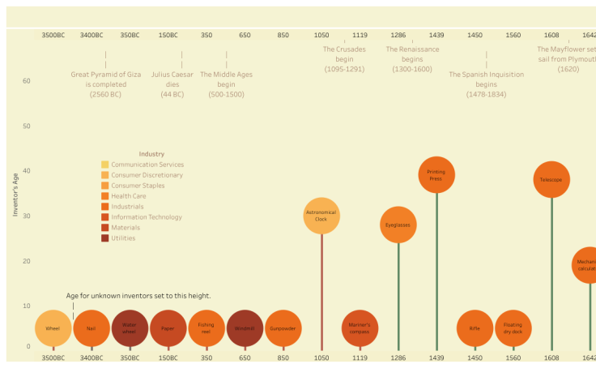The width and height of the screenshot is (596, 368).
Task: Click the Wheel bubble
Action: coord(53,328)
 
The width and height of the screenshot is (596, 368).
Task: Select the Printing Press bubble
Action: coord(436,174)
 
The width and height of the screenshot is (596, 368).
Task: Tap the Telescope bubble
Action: coord(551,179)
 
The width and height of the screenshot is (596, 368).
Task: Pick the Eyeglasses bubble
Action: coord(398,225)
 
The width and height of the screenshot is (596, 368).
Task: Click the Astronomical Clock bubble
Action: coord(321,216)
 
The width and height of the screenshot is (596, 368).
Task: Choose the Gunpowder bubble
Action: coord(283,328)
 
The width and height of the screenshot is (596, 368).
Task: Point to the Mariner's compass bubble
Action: coord(360,328)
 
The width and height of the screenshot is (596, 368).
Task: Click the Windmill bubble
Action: coord(245,328)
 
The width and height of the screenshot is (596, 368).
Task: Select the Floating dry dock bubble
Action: coord(513,328)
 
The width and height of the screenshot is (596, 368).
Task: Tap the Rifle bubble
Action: coord(475,328)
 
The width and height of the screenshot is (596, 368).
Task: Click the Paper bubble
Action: coord(168,328)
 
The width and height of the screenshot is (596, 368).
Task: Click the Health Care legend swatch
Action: coord(105,196)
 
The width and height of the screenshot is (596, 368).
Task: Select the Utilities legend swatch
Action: coord(105,238)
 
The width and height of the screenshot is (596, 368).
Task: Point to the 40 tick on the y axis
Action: coord(26,171)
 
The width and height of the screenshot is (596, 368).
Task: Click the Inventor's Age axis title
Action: coord(15,194)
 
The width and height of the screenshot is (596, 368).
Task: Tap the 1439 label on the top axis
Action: coord(436,36)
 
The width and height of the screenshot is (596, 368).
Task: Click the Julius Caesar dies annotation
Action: coord(181,84)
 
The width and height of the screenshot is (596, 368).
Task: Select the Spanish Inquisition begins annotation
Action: coord(486,84)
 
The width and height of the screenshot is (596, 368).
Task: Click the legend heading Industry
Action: coord(151,154)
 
